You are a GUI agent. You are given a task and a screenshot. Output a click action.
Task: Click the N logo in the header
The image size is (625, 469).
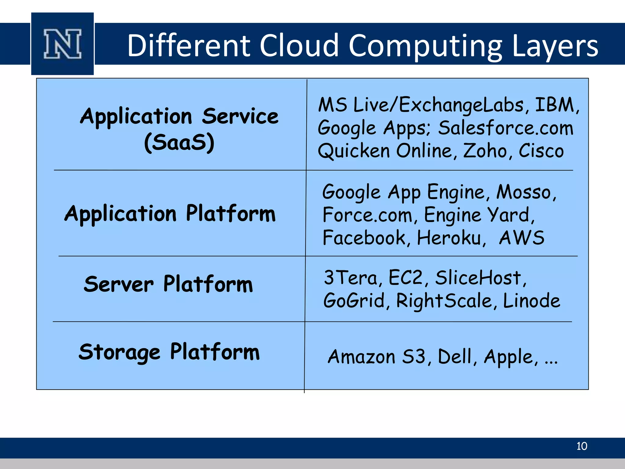(x=63, y=44)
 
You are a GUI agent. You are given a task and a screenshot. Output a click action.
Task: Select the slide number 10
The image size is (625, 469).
(x=582, y=446)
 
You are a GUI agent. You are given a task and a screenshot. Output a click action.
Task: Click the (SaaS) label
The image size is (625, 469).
(x=179, y=143)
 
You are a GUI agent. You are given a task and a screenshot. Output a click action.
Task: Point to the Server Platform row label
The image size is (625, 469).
(x=168, y=284)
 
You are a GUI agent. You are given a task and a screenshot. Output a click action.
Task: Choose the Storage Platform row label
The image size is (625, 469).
(x=169, y=352)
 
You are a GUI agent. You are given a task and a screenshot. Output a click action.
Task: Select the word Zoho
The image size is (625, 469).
(x=485, y=151)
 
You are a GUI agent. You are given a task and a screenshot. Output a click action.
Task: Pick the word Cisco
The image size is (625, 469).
(x=541, y=151)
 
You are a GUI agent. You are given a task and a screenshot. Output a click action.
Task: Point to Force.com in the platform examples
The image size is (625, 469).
(x=367, y=215)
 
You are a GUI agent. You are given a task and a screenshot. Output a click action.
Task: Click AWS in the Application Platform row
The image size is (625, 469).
(x=522, y=238)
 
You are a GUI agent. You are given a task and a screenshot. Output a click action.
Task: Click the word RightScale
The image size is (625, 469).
(x=444, y=301)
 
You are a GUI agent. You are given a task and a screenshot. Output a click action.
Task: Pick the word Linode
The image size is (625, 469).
(x=531, y=301)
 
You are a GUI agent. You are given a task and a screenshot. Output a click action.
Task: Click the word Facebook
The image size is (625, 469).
(x=364, y=238)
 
